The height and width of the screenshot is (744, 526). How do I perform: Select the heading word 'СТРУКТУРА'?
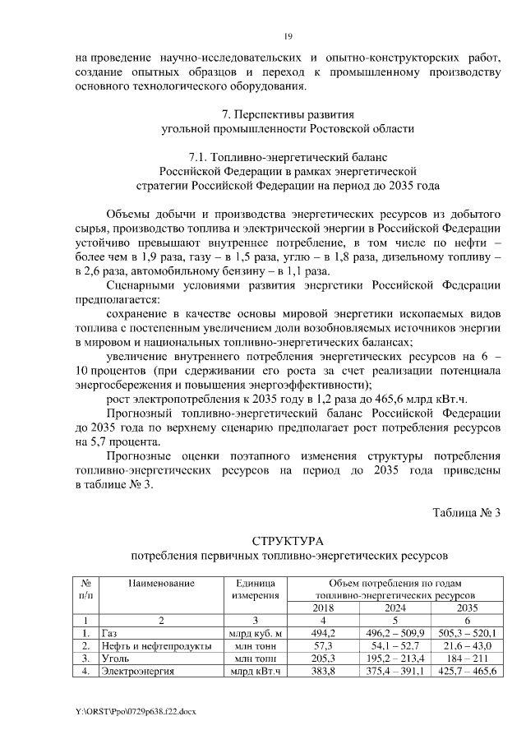pyautogui.click(x=288, y=541)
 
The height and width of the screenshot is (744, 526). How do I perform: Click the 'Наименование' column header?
pyautogui.click(x=161, y=583)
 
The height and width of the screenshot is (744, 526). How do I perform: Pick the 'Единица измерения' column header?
pyautogui.click(x=256, y=589)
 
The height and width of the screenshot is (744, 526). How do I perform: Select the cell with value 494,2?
pyautogui.click(x=323, y=633)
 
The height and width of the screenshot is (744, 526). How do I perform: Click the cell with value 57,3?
pyautogui.click(x=323, y=646)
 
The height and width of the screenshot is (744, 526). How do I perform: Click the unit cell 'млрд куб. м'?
pyautogui.click(x=256, y=633)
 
